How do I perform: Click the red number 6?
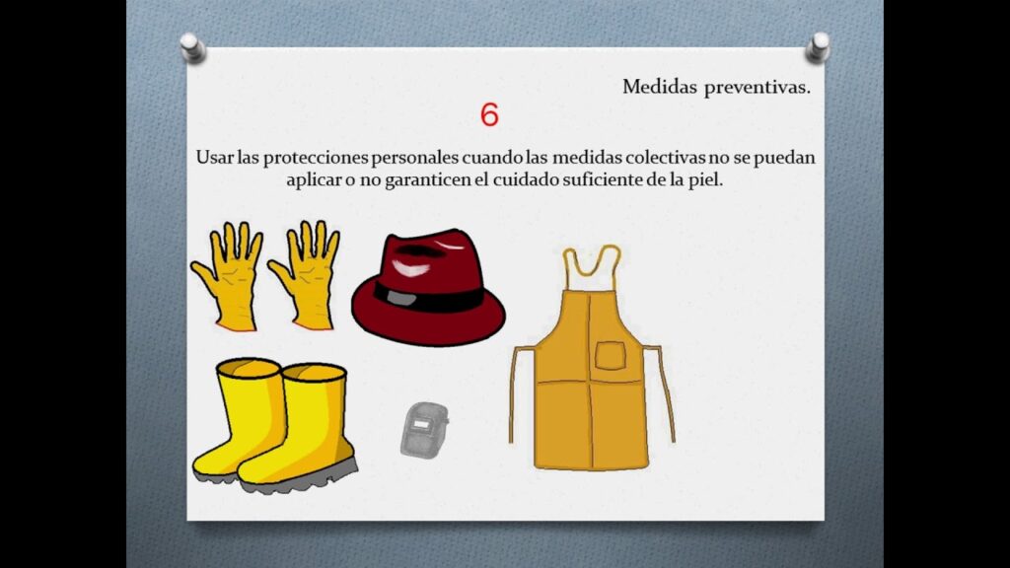[x=489, y=114]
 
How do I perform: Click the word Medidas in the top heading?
[x=660, y=87]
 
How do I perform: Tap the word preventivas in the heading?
[x=757, y=88]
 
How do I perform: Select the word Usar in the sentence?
[x=214, y=157]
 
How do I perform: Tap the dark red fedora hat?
[x=428, y=287]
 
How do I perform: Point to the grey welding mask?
[x=424, y=430]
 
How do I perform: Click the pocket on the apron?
[x=610, y=356]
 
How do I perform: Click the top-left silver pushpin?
[x=192, y=47]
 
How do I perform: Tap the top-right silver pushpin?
[x=818, y=47]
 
